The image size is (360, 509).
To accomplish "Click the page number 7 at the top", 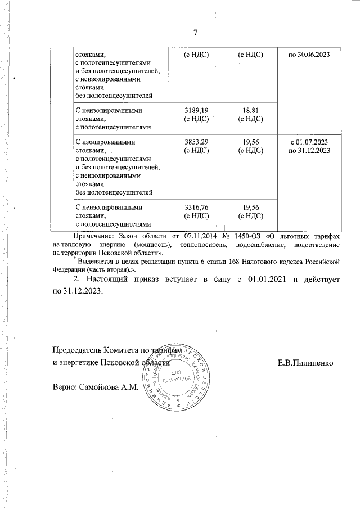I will (x=195, y=33).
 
